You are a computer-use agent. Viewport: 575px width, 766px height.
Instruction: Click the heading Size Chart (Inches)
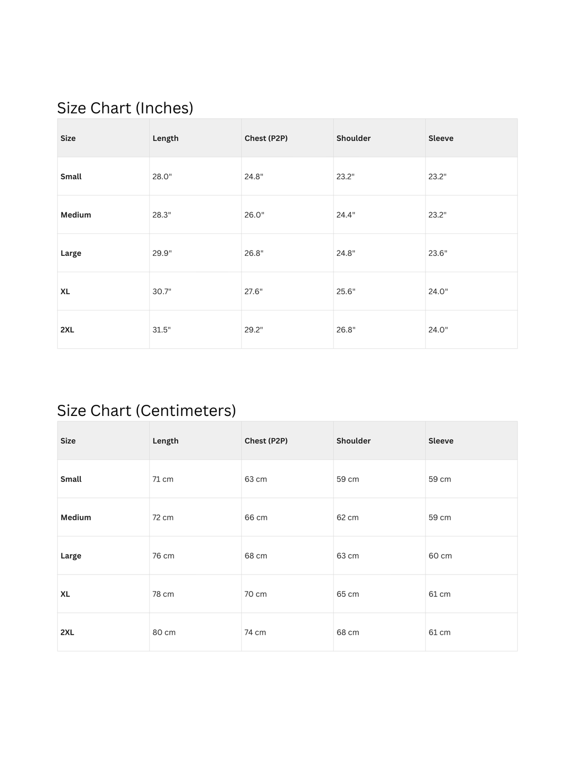125,108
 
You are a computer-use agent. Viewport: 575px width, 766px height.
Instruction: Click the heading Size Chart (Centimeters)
146,411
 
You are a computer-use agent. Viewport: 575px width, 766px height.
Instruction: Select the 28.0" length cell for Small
162,177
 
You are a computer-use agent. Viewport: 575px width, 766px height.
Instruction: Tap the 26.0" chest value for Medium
254,215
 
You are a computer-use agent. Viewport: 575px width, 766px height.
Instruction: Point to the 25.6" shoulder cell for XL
346,292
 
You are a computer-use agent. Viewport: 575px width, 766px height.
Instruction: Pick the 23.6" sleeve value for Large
438,253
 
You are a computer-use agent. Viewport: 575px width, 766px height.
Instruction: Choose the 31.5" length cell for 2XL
161,330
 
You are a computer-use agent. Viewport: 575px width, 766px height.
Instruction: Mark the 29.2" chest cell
253,330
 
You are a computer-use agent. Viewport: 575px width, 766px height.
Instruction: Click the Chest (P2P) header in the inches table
266,138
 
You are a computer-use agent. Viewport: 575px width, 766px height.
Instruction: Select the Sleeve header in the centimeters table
441,441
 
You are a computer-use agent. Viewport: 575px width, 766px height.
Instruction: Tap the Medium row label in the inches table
76,215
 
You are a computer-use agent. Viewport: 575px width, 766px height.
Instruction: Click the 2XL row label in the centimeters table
67,632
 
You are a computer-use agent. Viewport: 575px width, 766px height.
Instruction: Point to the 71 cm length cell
163,479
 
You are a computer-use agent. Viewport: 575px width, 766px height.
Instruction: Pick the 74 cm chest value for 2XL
255,632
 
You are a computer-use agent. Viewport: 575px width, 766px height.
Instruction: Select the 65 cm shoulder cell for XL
348,594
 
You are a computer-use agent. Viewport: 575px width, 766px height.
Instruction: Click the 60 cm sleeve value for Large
440,556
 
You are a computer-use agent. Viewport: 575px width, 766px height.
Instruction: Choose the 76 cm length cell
163,556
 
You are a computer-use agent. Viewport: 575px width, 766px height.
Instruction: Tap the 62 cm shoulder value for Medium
348,518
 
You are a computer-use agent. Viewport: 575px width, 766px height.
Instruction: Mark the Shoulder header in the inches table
354,138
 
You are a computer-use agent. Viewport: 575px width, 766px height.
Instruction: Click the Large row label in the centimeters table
71,556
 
